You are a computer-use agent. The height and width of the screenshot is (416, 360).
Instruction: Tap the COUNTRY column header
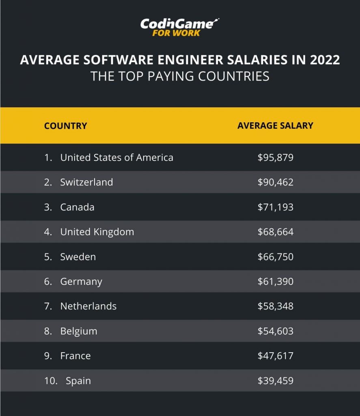(65, 126)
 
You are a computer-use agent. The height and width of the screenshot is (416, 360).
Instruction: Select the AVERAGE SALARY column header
(275, 126)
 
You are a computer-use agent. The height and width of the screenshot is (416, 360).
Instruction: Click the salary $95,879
(275, 158)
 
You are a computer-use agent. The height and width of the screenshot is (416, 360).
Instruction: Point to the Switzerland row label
(86, 182)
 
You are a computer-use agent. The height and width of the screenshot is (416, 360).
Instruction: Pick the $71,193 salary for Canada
(275, 207)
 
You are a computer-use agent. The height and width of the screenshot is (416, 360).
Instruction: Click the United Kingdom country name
(97, 232)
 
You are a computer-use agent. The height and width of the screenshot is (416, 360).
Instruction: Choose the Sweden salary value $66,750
(275, 257)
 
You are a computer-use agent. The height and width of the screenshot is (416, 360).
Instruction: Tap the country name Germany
(81, 282)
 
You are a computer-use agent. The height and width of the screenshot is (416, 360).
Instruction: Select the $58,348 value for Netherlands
(275, 306)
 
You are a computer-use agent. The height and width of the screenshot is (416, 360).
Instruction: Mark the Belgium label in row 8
(79, 331)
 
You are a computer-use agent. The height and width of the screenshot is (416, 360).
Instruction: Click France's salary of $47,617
(275, 356)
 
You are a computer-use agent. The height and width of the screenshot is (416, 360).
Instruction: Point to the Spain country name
(78, 381)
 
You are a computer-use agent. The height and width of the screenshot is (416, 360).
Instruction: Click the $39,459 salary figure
(275, 381)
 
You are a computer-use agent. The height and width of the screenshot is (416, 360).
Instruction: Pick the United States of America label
(116, 158)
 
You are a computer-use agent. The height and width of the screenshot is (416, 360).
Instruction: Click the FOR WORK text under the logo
(176, 33)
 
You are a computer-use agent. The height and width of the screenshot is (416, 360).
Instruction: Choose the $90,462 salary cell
(275, 182)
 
